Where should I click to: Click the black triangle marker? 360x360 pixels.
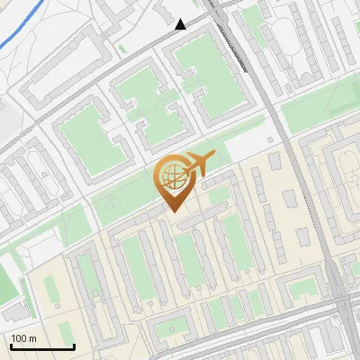tap(181, 24)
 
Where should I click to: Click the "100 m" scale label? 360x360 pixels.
tap(24, 338)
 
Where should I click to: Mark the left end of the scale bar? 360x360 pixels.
tap(10, 346)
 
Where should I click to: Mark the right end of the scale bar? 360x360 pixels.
tap(74, 346)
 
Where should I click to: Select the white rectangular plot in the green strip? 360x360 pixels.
tap(245, 147)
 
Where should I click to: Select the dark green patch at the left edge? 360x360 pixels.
tap(7, 279)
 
